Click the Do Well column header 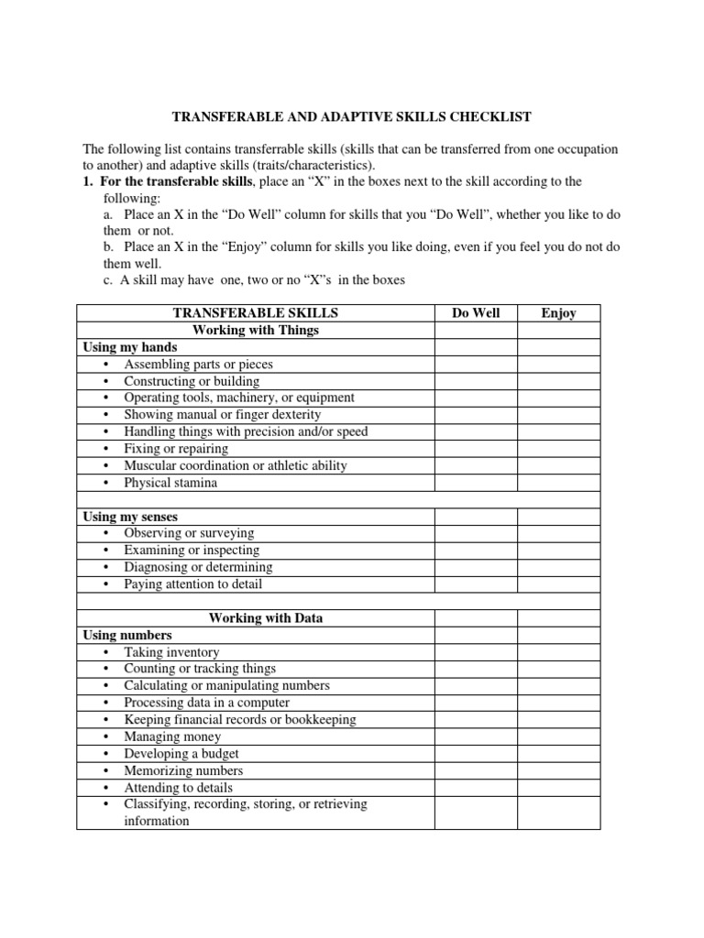(476, 313)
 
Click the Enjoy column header (558, 313)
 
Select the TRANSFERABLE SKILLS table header (255, 313)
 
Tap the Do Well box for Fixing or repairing (476, 449)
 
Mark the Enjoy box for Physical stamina (558, 483)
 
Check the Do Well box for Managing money (476, 736)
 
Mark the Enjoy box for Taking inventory (558, 652)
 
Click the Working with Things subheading (255, 330)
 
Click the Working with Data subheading (266, 618)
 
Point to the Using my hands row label (130, 347)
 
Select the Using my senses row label (130, 517)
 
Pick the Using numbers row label (127, 635)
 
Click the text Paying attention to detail (192, 584)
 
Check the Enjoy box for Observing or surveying (558, 533)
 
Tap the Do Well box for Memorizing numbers (476, 770)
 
